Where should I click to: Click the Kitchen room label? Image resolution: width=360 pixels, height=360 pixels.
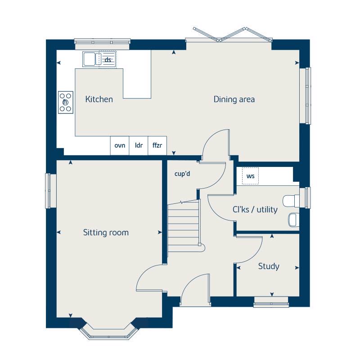[x=99, y=99]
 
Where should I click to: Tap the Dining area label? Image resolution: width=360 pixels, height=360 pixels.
[x=234, y=99]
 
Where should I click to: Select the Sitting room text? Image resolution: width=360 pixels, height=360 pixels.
[x=106, y=233]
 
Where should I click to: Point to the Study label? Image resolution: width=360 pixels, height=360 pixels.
[x=269, y=266]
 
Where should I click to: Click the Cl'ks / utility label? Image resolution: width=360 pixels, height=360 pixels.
[x=255, y=210]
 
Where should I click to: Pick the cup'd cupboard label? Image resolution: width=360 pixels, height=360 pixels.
[x=182, y=173]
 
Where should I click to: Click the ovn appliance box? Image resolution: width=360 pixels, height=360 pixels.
[x=120, y=145]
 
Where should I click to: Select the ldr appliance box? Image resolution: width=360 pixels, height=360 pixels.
[x=139, y=145]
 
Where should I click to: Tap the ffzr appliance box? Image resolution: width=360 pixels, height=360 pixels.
[x=157, y=145]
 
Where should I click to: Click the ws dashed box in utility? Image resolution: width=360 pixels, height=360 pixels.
[x=251, y=176]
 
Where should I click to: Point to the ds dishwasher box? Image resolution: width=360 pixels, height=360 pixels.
[x=108, y=59]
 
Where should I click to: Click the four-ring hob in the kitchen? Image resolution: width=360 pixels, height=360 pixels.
[x=66, y=102]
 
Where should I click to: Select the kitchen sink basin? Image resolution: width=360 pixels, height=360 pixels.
[x=88, y=58]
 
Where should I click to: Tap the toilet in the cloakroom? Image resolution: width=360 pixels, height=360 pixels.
[x=291, y=199]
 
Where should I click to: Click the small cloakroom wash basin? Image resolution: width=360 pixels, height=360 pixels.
[x=292, y=219]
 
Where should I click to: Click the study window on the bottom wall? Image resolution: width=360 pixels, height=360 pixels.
[x=271, y=302]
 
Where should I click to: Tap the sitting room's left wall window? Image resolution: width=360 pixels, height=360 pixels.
[x=51, y=191]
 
